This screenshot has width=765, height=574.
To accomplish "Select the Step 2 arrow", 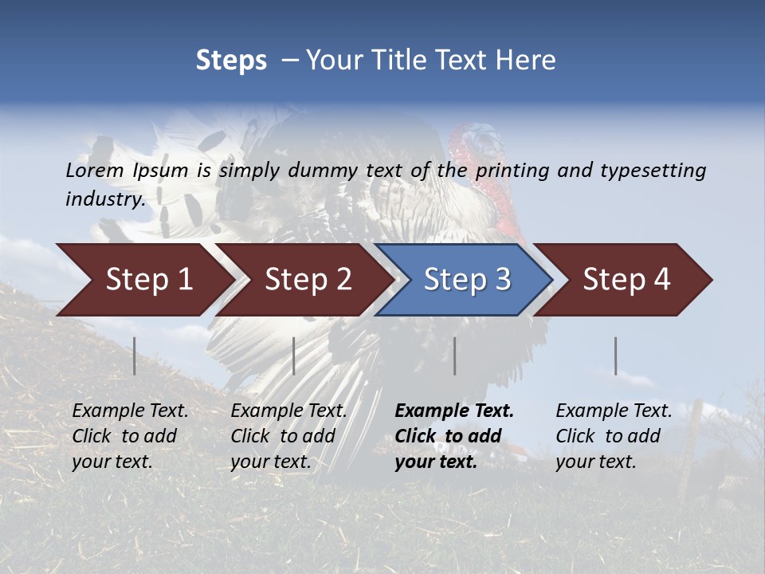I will click(x=307, y=280).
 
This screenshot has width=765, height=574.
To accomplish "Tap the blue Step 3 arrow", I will click(x=466, y=280).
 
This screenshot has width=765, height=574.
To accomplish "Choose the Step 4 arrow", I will click(x=626, y=280).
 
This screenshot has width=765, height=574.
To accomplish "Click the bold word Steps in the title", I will click(x=231, y=61).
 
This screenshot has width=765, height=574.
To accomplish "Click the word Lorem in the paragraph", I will click(x=95, y=170).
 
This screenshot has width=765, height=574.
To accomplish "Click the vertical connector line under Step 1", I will click(x=135, y=356).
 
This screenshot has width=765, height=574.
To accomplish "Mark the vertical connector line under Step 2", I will click(x=294, y=356).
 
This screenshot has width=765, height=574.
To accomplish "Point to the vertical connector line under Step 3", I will click(x=455, y=356).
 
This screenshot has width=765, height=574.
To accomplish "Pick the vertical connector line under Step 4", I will click(x=615, y=356).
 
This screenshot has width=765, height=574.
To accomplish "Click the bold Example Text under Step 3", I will click(x=454, y=411).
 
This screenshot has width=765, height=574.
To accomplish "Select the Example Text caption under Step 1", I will click(x=130, y=411).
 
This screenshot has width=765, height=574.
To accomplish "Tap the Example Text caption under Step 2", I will click(x=288, y=411).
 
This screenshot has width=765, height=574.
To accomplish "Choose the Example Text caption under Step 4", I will click(x=614, y=411).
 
